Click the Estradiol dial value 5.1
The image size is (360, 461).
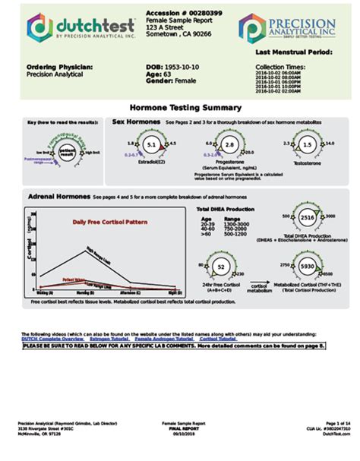point(150,144)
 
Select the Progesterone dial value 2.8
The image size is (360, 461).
point(229,144)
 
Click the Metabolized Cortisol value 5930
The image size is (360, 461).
point(308,267)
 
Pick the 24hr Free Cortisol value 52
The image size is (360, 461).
point(220,267)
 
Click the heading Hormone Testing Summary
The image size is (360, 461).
point(186,108)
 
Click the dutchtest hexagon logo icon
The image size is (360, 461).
point(39,27)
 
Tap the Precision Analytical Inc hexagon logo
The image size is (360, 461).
point(252,27)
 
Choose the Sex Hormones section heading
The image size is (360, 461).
point(136,122)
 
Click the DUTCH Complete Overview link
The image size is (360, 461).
point(51,339)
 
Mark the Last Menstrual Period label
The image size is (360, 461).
point(293,52)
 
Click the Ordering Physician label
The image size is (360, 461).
point(59,68)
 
